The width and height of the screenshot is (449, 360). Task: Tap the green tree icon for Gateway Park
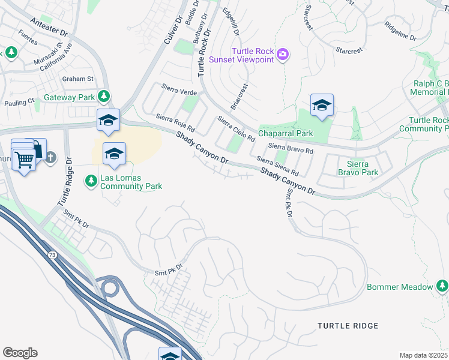[x=104, y=96]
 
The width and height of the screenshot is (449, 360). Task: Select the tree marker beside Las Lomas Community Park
[x=91, y=180]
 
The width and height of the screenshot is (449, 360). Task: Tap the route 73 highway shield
[x=52, y=256]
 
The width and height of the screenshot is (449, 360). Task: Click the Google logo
[x=20, y=352]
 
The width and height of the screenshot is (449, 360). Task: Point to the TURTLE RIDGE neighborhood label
[x=348, y=326]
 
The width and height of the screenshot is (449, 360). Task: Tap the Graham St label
[x=78, y=79]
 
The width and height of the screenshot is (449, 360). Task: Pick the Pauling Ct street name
[x=19, y=102]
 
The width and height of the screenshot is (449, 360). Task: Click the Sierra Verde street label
[x=179, y=91]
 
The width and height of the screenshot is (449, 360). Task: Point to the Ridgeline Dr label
[x=399, y=32]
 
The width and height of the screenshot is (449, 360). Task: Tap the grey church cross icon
[x=51, y=157]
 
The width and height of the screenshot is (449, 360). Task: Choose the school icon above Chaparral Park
[x=322, y=106]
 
